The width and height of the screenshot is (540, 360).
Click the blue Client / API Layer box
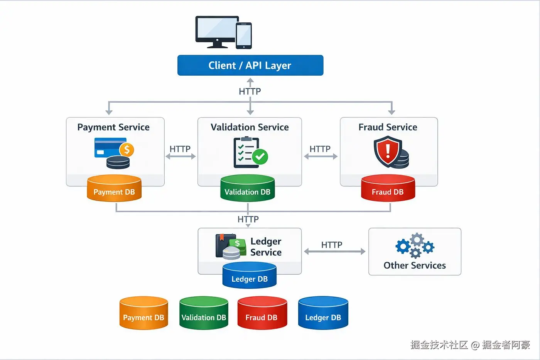250,65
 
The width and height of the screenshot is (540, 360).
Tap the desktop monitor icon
217,31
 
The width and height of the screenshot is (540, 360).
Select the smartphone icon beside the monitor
244,35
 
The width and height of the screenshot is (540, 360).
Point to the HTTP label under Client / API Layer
250,91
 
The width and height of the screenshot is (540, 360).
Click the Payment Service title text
113,127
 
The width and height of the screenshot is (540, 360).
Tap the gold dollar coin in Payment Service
127,149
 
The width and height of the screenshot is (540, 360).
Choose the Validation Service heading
250,127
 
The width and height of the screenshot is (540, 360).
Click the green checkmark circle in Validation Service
260,157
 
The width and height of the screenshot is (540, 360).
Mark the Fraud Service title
388,127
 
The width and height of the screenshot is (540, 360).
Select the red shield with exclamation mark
388,151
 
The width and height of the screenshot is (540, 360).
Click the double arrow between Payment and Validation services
181,156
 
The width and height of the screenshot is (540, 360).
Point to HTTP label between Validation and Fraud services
320,149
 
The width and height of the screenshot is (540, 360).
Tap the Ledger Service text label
266,247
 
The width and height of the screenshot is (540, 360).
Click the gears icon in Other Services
415,245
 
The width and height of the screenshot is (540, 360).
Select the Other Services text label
415,265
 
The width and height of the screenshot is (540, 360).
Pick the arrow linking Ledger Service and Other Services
334,252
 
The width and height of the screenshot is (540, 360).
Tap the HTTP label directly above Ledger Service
248,219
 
